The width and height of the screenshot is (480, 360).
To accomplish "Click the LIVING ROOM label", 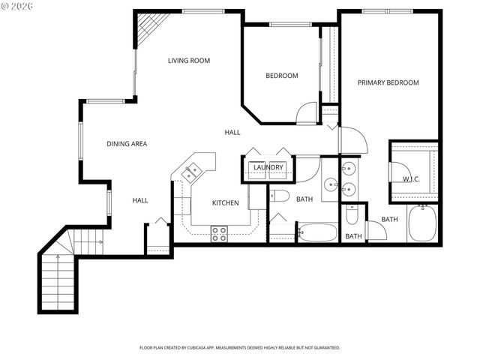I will [188, 61].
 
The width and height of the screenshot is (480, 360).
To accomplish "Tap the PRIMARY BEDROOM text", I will [388, 82].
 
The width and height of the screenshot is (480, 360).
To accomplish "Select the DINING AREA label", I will [126, 143].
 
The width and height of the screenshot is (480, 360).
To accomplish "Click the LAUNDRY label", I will [268, 167].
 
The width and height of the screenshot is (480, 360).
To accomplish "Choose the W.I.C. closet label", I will [411, 179].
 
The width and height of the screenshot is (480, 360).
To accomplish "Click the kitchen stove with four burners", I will [219, 234].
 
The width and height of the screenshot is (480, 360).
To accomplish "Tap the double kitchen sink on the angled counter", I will [192, 172].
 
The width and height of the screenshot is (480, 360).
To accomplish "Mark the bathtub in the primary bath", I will [422, 223].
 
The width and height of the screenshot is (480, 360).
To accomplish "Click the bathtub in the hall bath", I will [318, 232].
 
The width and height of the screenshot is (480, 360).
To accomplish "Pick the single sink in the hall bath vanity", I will [330, 183].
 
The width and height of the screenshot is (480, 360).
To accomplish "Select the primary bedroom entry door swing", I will [351, 141].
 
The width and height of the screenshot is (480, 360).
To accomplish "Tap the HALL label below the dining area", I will [140, 200].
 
